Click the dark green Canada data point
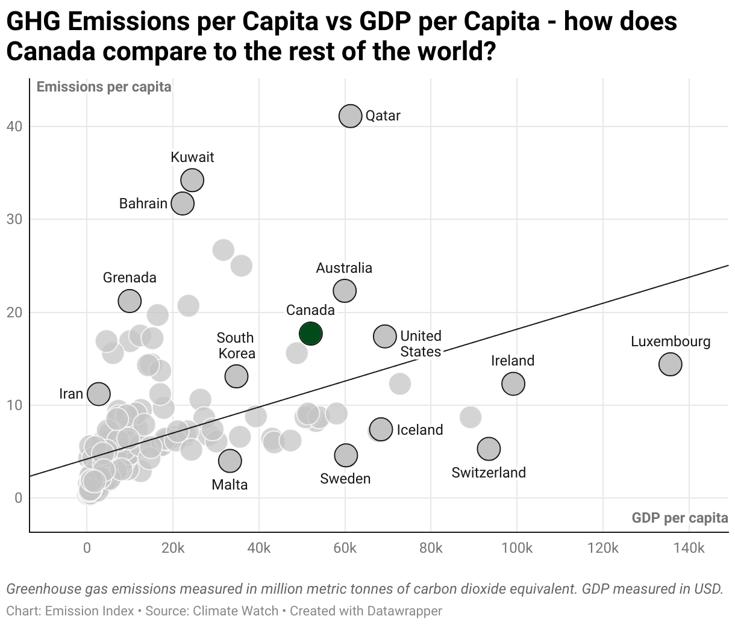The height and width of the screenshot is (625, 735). [x=310, y=333]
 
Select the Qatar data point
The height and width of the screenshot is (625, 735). [x=350, y=116]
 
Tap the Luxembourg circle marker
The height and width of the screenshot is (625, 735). [x=670, y=364]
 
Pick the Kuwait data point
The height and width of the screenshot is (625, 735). [x=192, y=179]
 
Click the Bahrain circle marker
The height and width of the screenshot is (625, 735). [x=183, y=203]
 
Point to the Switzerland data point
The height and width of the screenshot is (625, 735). [x=489, y=448]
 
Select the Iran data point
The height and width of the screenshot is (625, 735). [x=99, y=394]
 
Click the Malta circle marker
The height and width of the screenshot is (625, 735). [x=230, y=461]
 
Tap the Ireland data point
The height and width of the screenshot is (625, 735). [x=513, y=383]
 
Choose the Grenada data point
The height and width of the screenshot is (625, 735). [x=130, y=300]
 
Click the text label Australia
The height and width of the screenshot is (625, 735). [x=344, y=268]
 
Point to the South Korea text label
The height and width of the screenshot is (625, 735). [x=236, y=346]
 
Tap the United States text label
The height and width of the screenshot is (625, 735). [x=421, y=344]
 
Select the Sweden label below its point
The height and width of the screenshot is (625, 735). [x=345, y=479]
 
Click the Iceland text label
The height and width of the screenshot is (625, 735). [x=419, y=430]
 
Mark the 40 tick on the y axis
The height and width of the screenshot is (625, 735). [x=14, y=126]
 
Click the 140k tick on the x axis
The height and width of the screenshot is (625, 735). [x=689, y=549]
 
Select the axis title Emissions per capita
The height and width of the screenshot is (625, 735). [x=104, y=87]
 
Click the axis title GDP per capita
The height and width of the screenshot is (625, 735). [x=680, y=518]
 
